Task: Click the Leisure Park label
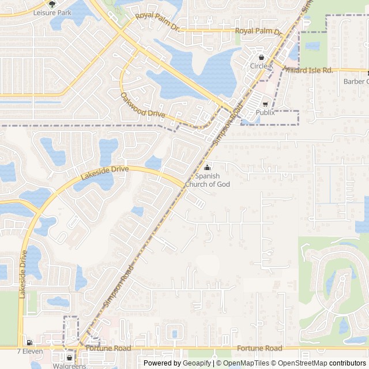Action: click(x=52, y=12)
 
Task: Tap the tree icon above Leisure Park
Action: click(x=52, y=4)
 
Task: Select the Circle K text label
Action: click(x=262, y=66)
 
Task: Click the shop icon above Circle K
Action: click(x=262, y=58)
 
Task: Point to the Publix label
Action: click(x=265, y=112)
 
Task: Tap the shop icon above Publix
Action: click(x=265, y=104)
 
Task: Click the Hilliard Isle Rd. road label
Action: click(x=308, y=70)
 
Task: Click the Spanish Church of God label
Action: click(x=208, y=180)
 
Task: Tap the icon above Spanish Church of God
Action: click(x=208, y=167)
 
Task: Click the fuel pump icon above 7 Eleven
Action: click(x=29, y=342)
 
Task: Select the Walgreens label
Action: click(x=69, y=366)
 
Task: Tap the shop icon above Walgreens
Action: click(x=70, y=357)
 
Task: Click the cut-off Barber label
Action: click(x=356, y=81)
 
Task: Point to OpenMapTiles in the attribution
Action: click(x=246, y=363)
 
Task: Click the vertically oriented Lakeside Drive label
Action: click(x=22, y=274)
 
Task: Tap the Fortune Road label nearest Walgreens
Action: click(x=108, y=348)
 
